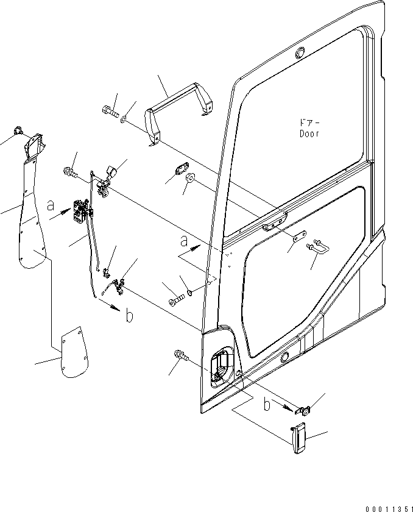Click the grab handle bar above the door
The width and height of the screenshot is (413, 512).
point(179,107)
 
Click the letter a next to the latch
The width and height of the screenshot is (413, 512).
point(51,207)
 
